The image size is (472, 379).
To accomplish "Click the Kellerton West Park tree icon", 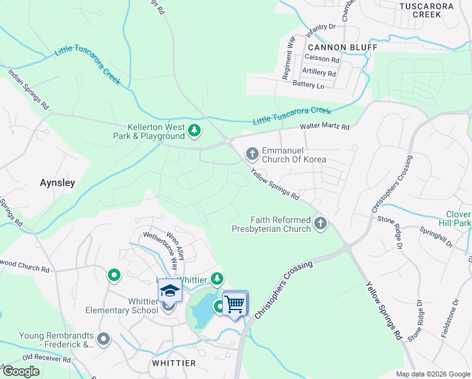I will coord(194,131).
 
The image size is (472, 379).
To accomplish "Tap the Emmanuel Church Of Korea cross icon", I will coord(252,153).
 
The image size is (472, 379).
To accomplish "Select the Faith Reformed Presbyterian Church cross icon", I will coord(321,223).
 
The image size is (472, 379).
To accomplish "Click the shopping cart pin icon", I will coord(235,304).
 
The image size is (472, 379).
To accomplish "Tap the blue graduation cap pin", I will coord(170,291).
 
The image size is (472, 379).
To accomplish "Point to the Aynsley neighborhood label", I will coord(57,183).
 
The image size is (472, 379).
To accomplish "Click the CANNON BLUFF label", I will coord(342,47).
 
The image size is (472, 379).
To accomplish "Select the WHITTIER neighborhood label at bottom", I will coord(174,363).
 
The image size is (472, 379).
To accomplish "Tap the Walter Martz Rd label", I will coord(324,127).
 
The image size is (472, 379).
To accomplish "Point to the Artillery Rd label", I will coord(319,73).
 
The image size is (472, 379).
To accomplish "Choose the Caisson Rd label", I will coord(322,60).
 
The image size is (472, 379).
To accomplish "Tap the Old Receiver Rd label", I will coord(47,359).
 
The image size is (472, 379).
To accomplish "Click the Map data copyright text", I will coord(433,374).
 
